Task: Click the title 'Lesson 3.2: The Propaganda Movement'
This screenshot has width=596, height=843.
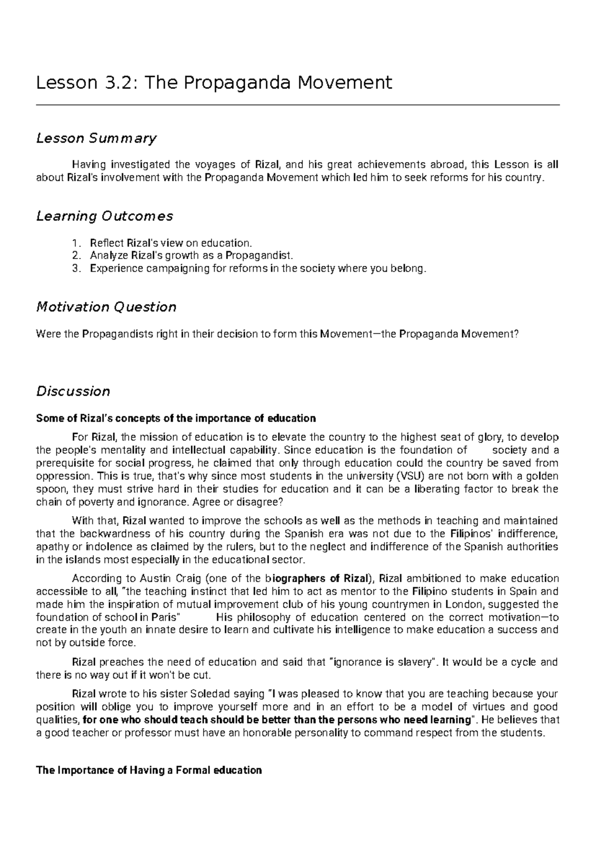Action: [x=214, y=82]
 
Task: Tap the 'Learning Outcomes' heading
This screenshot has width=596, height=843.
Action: [x=105, y=216]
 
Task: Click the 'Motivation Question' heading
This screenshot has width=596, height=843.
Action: [x=106, y=307]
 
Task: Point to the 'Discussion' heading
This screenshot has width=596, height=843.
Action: [x=73, y=391]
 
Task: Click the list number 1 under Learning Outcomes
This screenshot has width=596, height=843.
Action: [x=75, y=243]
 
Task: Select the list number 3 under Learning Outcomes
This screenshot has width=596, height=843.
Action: [x=75, y=269]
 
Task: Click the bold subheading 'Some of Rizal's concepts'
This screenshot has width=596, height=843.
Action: [x=176, y=418]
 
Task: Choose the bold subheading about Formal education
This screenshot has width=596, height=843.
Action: [x=149, y=770]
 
